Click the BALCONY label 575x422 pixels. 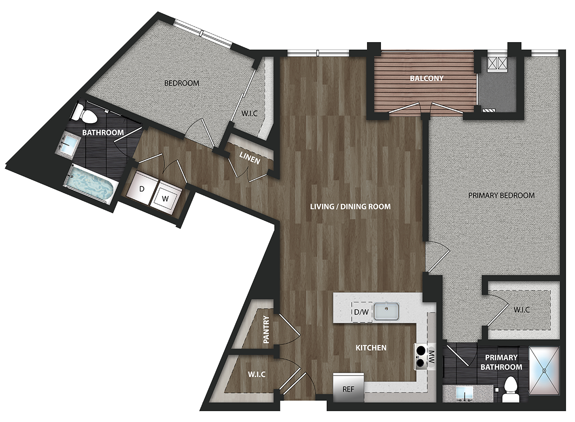pos(426,78)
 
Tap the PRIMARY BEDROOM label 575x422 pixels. pos(501,195)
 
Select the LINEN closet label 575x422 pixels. pos(250,158)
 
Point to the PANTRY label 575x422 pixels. pos(266,330)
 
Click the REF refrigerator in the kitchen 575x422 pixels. pos(348,387)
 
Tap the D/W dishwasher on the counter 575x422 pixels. pos(361,312)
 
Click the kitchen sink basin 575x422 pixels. pos(386,311)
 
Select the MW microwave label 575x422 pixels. pos(431,357)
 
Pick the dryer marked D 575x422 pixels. pos(141,189)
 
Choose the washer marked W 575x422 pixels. pos(166,197)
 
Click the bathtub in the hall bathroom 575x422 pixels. pos(91,183)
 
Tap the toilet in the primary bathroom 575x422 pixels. pos(511,388)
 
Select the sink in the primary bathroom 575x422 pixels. pos(464,393)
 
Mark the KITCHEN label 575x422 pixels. pos(371,348)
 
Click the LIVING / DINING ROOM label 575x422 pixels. pos(350,206)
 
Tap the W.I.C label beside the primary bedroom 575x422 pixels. pos(522,309)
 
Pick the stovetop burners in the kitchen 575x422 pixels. pos(421,356)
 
